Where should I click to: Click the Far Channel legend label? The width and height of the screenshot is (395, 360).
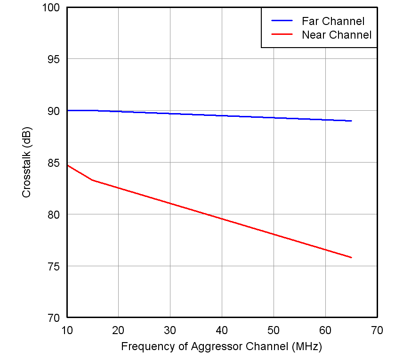tap(333, 21)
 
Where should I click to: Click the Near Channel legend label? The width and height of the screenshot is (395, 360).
tap(337, 35)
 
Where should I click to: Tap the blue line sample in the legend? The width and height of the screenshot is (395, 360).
tap(282, 21)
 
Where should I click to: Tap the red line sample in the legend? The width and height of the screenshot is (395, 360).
tap(282, 35)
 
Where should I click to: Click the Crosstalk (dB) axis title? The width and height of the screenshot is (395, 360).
tap(27, 163)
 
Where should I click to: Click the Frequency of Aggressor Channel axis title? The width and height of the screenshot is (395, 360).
tap(221, 347)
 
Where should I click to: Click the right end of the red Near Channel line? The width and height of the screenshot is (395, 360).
tap(351, 257)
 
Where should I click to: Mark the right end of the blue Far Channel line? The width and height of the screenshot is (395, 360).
tap(351, 121)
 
